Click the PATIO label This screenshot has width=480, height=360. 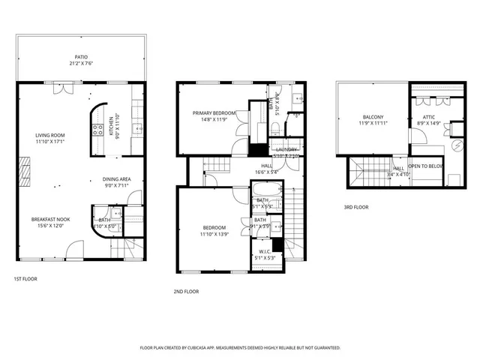(x=81, y=56)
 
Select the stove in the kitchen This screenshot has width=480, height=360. (x=97, y=133)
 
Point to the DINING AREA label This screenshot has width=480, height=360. (x=117, y=179)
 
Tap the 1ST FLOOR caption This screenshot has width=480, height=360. (x=26, y=279)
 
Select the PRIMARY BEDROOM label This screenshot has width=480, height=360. (x=214, y=113)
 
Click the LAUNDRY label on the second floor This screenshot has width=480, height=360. (x=286, y=150)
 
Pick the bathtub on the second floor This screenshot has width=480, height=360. (x=267, y=204)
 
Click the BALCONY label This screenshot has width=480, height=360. (x=373, y=117)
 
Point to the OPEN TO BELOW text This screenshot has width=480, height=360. (x=425, y=166)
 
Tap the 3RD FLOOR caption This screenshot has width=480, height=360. (x=358, y=207)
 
